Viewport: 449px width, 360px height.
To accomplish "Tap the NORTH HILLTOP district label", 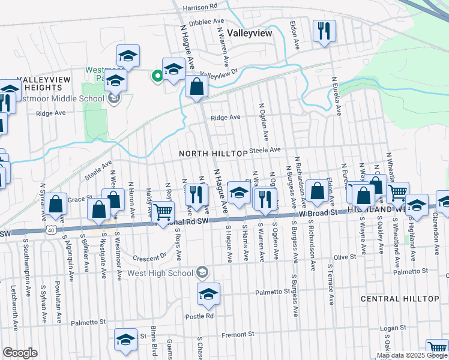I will pyautogui.click(x=213, y=154).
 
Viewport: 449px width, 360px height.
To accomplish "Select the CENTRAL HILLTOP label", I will pyautogui.click(x=400, y=298).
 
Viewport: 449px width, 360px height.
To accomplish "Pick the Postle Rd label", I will pyautogui.click(x=200, y=316).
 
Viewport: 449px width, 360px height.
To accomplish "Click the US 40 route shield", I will pyautogui.click(x=51, y=229).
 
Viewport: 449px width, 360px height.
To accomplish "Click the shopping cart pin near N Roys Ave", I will pyautogui.click(x=163, y=212).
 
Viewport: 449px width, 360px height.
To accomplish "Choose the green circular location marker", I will pyautogui.click(x=157, y=76).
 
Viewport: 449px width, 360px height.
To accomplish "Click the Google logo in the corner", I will pyautogui.click(x=20, y=353).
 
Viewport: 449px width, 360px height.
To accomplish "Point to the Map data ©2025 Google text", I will pyautogui.click(x=411, y=355).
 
